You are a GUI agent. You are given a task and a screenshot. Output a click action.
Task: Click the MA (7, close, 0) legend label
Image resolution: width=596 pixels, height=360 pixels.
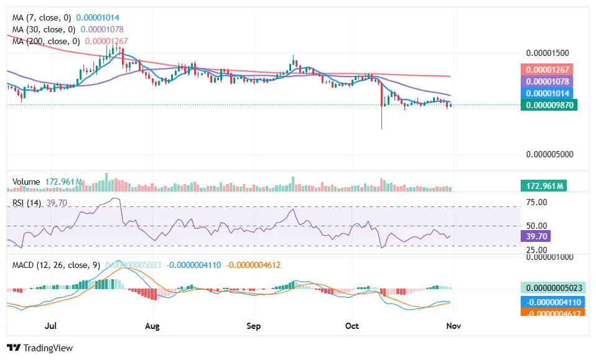point(40,18)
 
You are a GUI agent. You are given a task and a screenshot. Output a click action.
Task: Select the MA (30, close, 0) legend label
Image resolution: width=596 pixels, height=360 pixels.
point(43,29)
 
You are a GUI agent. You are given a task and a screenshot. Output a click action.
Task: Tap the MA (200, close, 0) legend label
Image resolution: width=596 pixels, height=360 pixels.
point(45,41)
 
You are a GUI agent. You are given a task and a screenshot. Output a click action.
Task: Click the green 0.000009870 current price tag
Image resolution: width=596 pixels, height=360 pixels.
point(549,105)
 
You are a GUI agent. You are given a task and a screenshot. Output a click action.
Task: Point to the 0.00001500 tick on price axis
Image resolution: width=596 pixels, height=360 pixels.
point(548,53)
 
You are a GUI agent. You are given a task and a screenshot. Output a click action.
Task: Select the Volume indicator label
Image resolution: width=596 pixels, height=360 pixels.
point(26,182)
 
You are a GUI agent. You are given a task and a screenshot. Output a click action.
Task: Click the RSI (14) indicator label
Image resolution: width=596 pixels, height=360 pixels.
point(27,203)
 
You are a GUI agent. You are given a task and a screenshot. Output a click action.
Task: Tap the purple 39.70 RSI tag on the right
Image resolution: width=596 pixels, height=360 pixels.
point(535,236)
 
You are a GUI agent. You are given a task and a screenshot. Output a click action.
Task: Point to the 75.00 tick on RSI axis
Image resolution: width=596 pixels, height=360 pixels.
point(536,202)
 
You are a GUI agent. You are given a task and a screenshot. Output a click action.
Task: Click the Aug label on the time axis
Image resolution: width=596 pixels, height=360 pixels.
point(152,326)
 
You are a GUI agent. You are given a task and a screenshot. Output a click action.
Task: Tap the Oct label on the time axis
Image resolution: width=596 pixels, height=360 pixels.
point(352,326)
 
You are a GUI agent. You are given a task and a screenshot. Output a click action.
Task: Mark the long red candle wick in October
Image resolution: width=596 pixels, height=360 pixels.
point(381,118)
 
